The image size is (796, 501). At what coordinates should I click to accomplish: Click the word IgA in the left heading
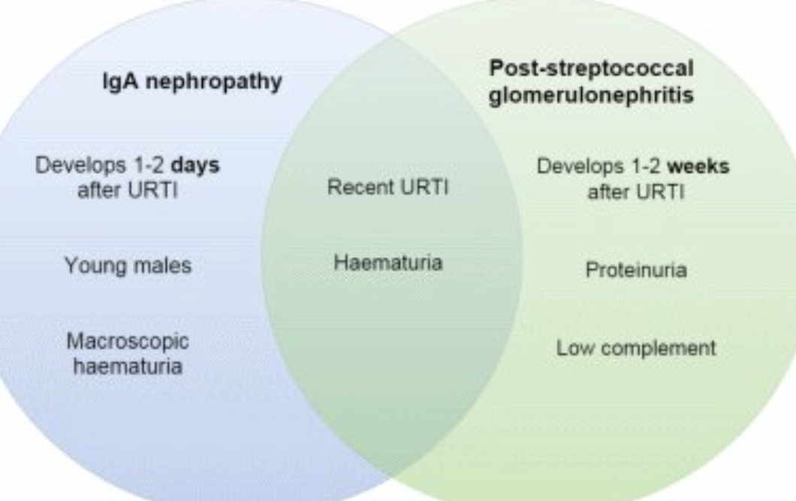pos(120,82)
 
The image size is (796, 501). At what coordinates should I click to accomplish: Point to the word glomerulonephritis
pos(592,97)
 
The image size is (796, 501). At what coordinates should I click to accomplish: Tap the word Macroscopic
pos(128,341)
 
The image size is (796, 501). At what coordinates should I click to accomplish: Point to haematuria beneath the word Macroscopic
pos(128,367)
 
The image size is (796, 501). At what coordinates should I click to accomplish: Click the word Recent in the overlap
pos(354,187)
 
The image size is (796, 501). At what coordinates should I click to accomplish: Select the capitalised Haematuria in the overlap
pos(387,263)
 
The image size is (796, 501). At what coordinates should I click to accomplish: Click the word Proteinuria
pos(636,270)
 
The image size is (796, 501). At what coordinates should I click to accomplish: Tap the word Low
pos(571,349)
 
